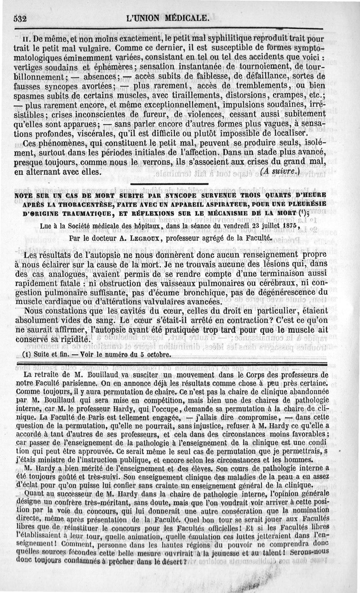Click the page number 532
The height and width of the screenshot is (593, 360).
pos(21,19)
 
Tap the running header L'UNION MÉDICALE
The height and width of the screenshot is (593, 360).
pos(168,18)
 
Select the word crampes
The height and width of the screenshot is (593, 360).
pos(287,96)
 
